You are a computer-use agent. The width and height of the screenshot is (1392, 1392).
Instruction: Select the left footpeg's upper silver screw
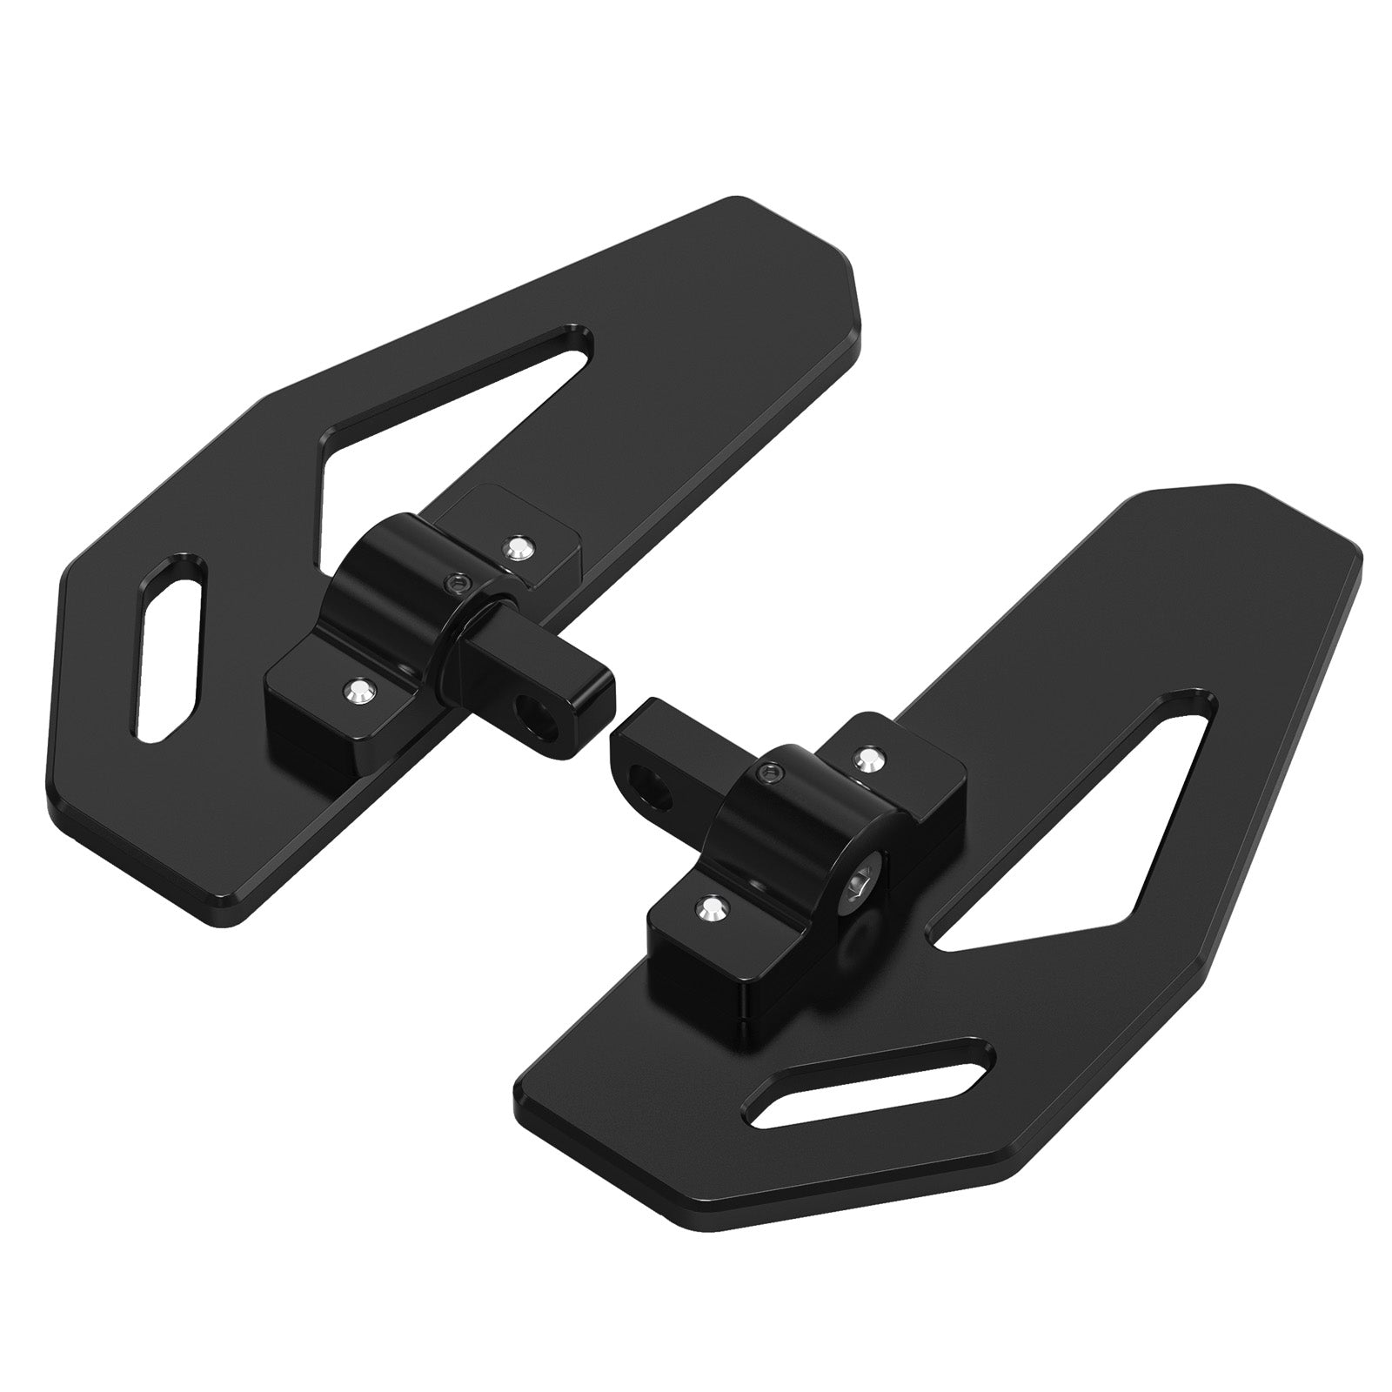pos(519,546)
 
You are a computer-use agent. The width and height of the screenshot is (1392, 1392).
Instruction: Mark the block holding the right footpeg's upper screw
pos(905,766)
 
